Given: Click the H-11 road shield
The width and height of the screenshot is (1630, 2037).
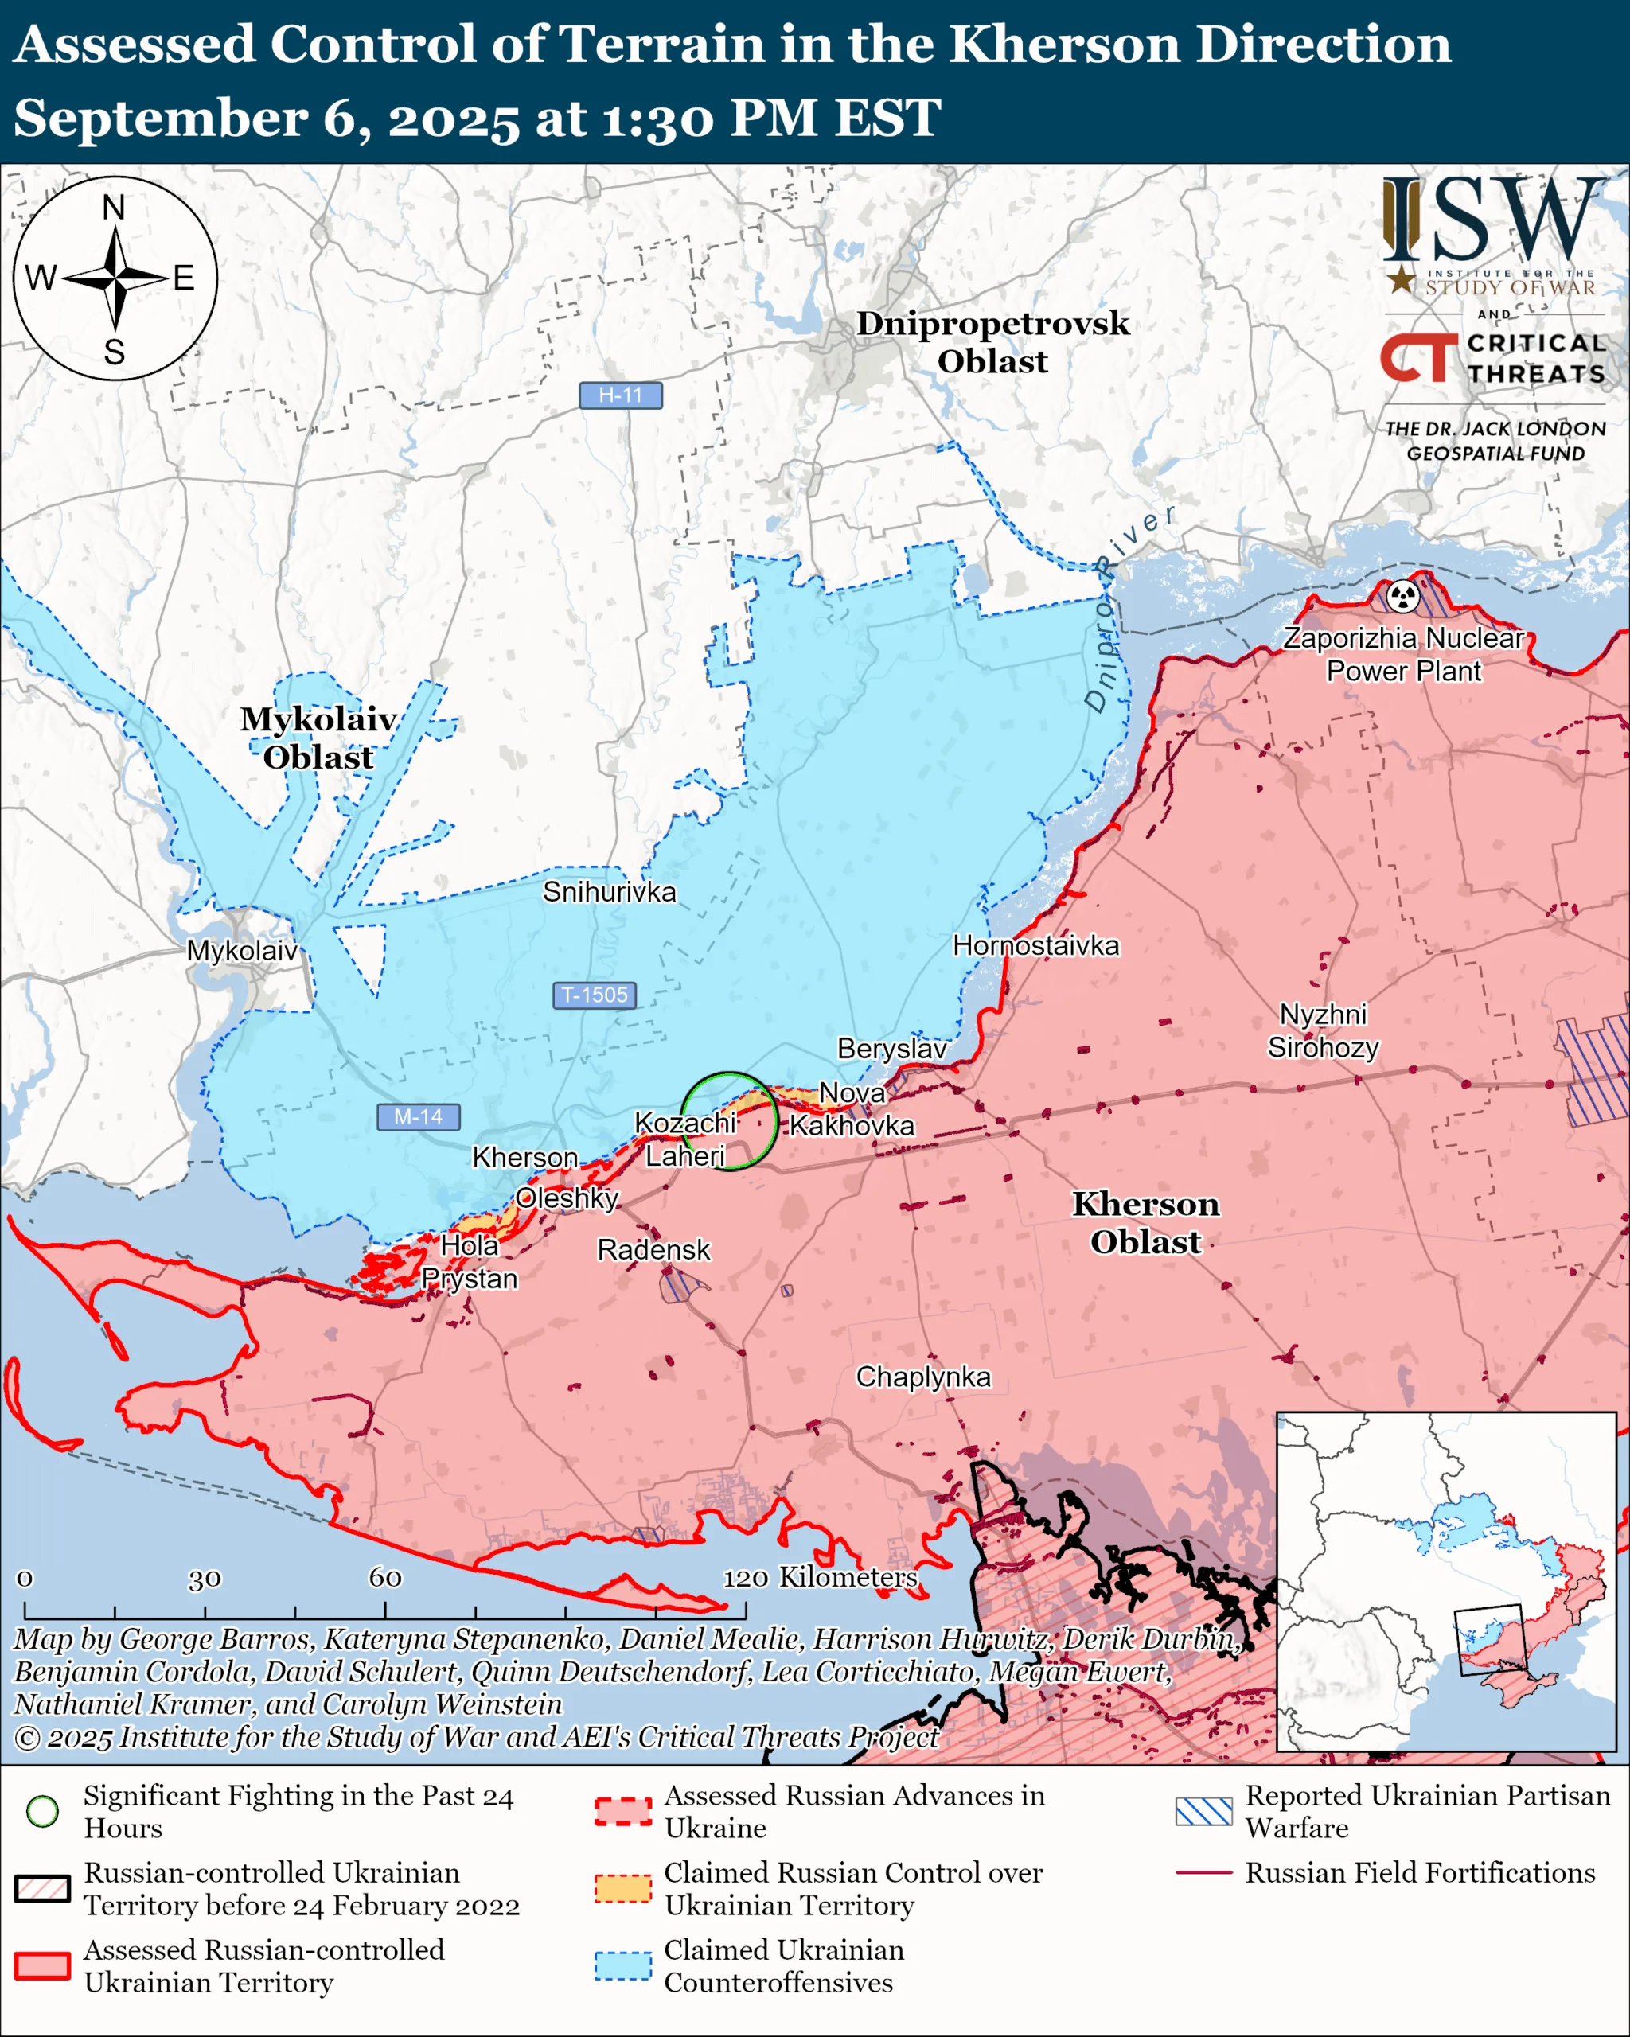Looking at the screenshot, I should point(620,395).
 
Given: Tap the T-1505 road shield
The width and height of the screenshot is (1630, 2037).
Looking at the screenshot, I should point(594,995).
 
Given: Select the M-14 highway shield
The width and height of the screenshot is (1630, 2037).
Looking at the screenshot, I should point(418,1116).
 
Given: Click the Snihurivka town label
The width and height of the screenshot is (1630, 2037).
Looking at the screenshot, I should point(609,892).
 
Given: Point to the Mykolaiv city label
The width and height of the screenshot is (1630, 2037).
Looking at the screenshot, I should point(242,951).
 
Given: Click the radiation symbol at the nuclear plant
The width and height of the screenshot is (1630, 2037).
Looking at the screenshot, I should point(1403,596).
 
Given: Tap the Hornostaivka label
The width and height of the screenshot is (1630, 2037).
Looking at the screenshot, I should point(1035,946).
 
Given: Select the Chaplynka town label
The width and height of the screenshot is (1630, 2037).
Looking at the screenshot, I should point(923,1377).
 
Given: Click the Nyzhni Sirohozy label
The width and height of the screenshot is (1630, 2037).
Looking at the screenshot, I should point(1323,1030).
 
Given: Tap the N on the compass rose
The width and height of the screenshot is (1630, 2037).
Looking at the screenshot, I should point(113,207).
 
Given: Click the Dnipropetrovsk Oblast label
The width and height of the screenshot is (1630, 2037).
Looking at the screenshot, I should point(992,342).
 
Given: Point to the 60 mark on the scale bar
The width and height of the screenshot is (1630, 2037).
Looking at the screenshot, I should point(384,1578).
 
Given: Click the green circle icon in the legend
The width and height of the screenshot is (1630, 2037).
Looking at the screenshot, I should point(41,1811).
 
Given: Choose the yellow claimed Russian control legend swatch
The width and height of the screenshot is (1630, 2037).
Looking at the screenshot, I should point(622,1887).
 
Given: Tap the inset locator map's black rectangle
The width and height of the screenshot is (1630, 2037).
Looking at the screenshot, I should point(1490,1640).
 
